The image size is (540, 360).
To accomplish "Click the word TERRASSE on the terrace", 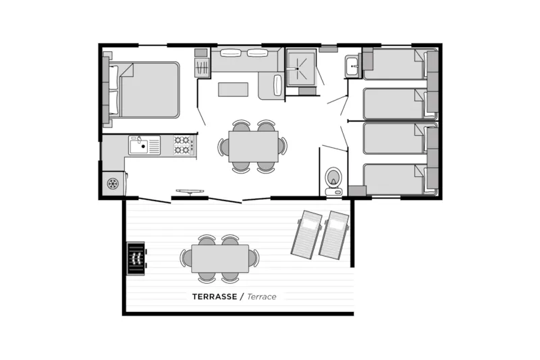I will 213,297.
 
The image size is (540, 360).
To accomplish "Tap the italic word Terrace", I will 261,297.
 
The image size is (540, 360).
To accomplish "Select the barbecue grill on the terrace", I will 136,257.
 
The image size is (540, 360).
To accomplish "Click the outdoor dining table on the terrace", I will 220,258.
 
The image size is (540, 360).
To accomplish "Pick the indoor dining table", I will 253,146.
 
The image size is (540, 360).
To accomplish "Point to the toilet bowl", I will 333,178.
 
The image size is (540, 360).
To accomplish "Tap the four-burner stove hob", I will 183,145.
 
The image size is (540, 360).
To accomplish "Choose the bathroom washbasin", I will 351,66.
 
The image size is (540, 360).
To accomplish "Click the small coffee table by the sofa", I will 234,89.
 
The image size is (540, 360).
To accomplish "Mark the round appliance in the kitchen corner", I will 113,183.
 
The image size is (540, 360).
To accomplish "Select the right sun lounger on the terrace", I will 333,235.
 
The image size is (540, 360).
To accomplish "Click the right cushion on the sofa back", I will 257,53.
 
